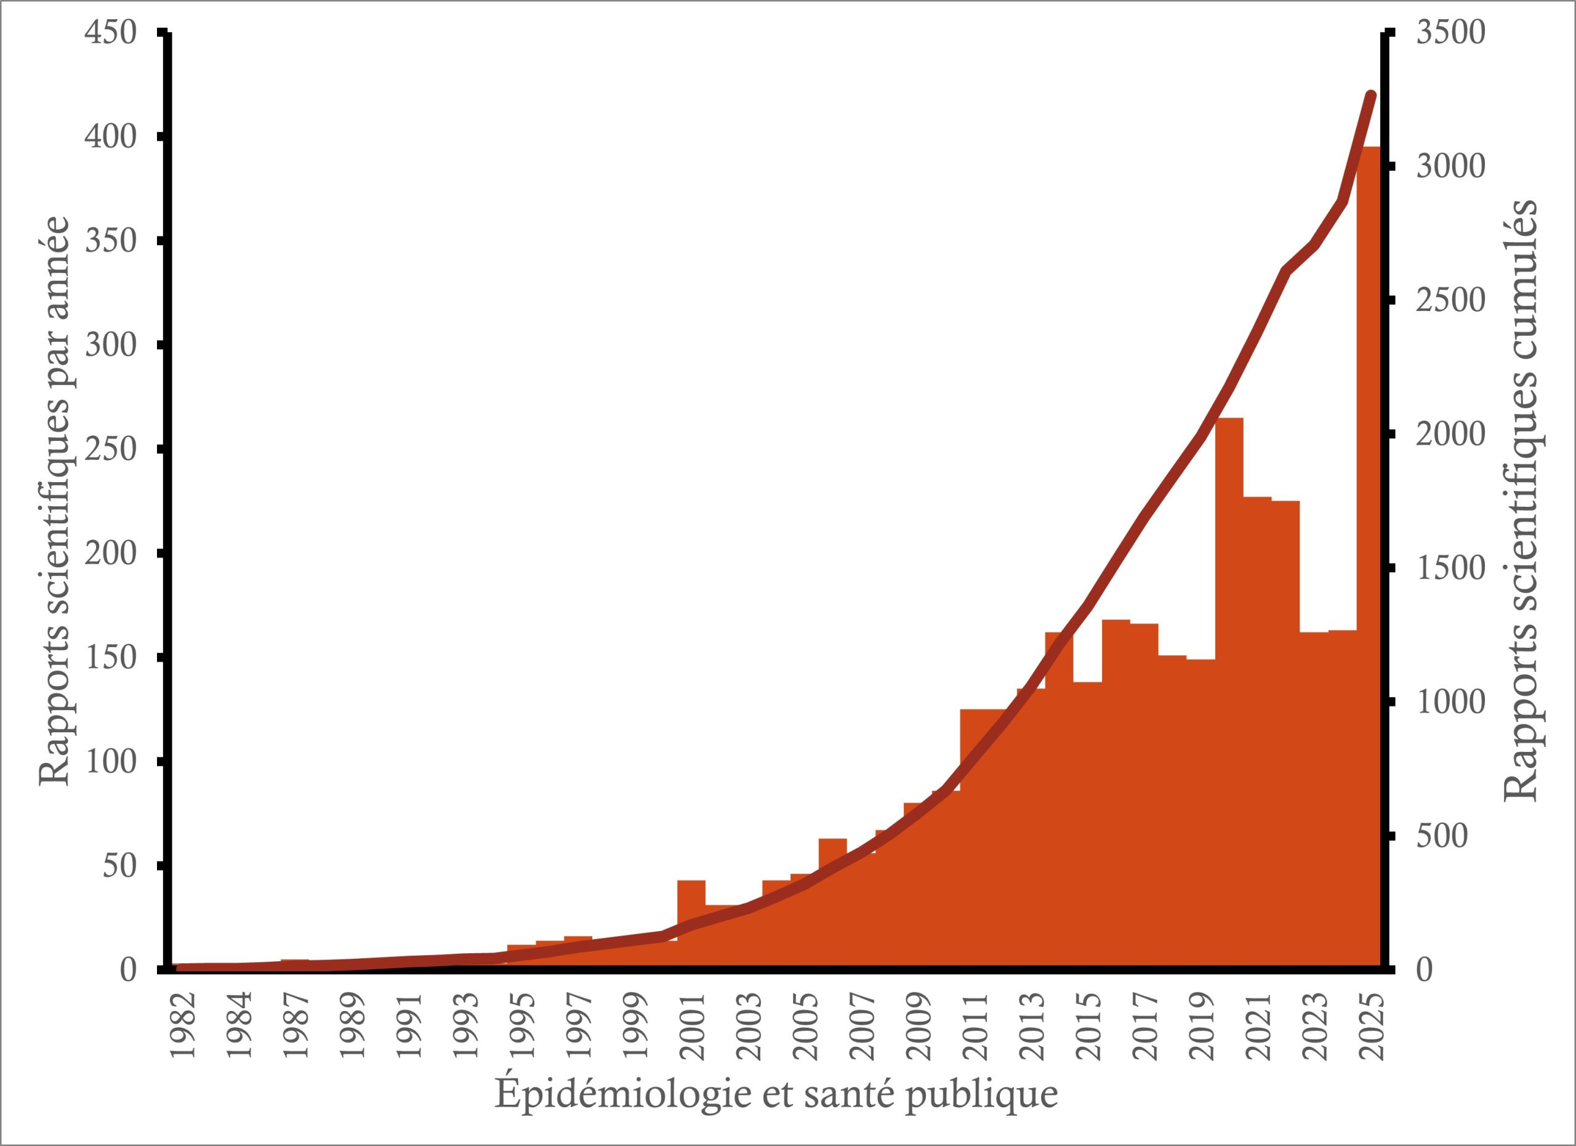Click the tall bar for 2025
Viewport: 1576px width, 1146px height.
coord(1369,556)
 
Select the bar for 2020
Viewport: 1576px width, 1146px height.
coord(1229,695)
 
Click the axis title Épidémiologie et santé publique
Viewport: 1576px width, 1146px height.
coord(776,1094)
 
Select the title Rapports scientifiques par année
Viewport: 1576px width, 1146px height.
coord(54,501)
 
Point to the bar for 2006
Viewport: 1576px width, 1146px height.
coord(832,903)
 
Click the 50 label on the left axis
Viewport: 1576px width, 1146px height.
coord(119,866)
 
